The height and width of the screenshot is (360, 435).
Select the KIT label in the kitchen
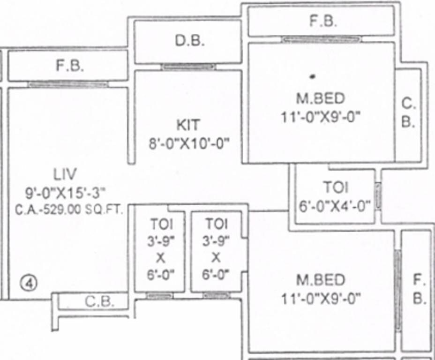tap(188, 125)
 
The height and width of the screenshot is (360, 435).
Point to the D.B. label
tap(190, 41)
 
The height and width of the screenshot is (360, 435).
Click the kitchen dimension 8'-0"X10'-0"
tap(189, 143)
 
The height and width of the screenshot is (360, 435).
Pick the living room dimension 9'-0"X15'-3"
tap(65, 192)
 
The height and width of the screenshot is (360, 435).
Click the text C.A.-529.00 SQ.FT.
tap(69, 210)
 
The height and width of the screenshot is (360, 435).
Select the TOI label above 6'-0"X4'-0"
tap(336, 187)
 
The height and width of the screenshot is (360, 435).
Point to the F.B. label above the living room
tap(70, 66)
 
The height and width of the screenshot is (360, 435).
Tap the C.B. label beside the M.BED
tap(408, 112)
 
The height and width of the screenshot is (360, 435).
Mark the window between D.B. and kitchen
tap(188, 67)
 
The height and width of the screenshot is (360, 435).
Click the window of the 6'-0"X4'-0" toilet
tap(378, 196)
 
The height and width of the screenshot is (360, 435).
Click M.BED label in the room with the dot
tap(321, 98)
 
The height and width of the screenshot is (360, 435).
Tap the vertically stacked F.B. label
tap(419, 290)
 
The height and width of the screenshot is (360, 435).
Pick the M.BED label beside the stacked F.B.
tap(321, 280)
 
